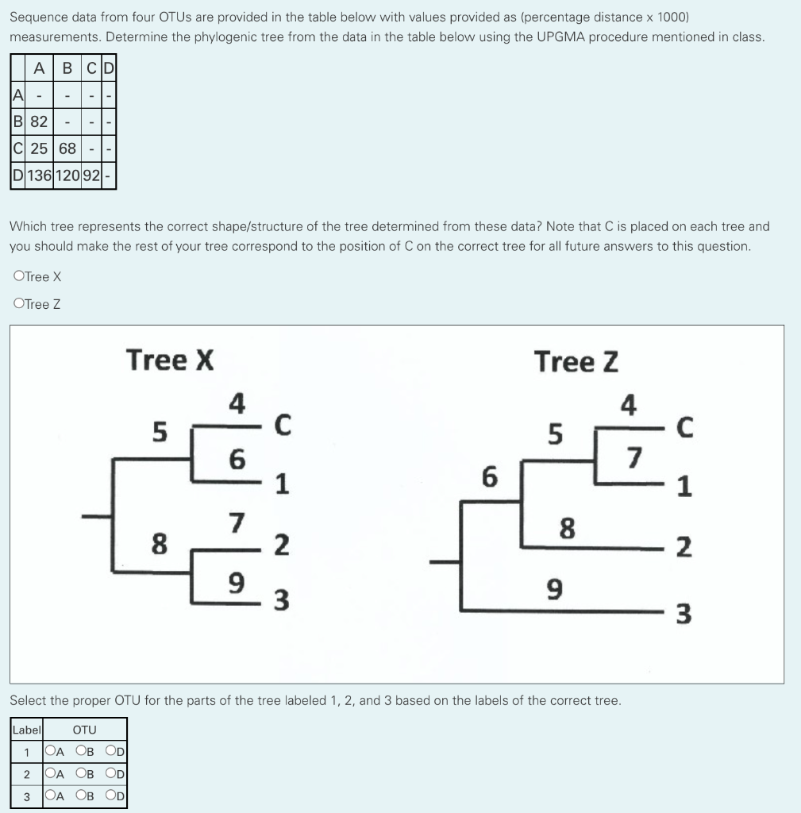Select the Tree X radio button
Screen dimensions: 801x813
click(19, 276)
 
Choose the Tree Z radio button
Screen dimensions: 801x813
click(19, 303)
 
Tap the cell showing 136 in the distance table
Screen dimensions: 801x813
click(39, 175)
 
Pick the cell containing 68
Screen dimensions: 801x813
click(67, 148)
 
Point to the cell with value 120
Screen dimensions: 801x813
click(67, 175)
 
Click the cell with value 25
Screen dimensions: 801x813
click(39, 148)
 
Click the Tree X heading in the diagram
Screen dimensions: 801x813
click(170, 360)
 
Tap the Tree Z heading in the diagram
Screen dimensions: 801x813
click(576, 361)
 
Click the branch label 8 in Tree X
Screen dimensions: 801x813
click(160, 545)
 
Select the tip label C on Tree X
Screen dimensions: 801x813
click(280, 427)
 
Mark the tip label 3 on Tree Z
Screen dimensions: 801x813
click(684, 615)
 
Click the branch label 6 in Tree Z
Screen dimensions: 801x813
click(490, 478)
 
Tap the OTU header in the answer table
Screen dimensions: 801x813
click(84, 730)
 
